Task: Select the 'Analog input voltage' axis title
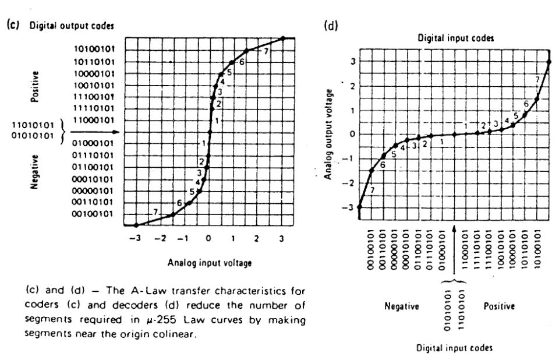210,262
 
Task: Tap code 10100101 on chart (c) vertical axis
94,49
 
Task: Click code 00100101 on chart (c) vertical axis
94,214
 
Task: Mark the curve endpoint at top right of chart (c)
282,38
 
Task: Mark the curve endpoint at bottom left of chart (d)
360,207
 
